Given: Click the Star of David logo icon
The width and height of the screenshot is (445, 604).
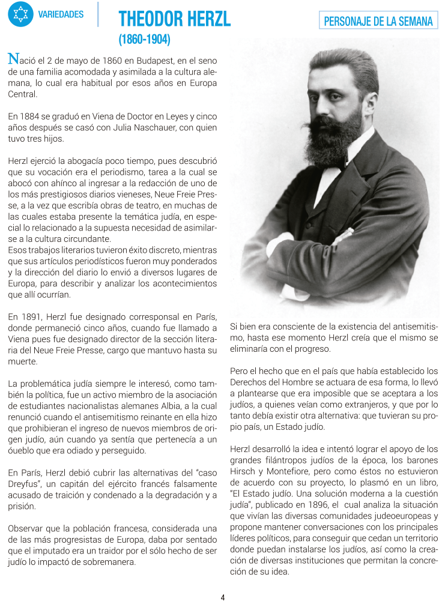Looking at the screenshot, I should [20, 14].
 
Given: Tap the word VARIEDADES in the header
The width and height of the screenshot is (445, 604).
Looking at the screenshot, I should [61, 14].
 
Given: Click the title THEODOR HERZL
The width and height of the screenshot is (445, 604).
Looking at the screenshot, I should [175, 19].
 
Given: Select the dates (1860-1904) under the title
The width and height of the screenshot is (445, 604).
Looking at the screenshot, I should [145, 41].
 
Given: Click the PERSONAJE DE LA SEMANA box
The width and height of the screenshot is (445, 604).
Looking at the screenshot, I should [378, 22].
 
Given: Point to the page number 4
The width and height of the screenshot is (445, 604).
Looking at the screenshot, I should [223, 597].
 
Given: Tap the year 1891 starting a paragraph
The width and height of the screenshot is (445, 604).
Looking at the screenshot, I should [31, 316].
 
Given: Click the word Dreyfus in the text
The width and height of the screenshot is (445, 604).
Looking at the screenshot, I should [25, 483].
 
